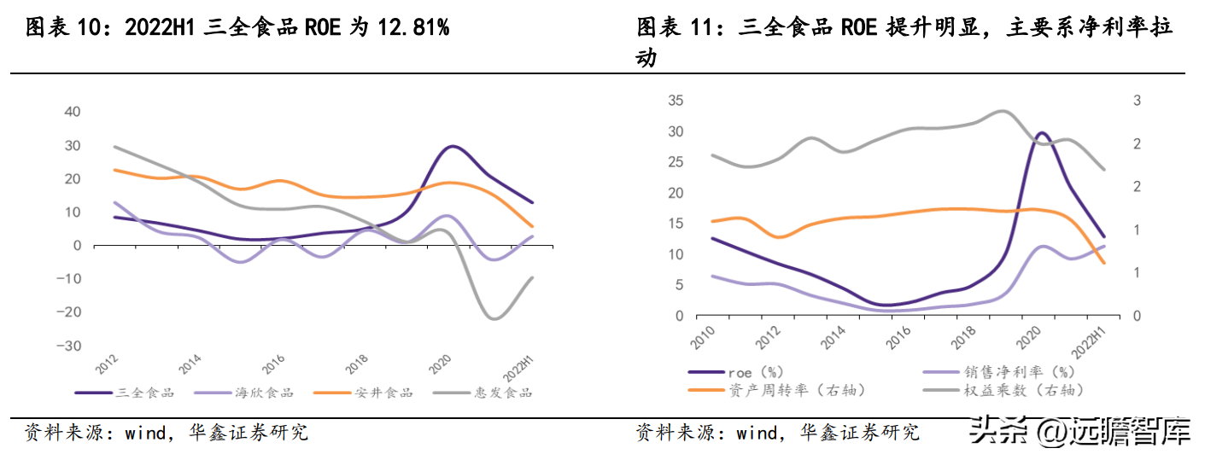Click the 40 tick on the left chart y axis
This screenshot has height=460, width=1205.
click(x=73, y=112)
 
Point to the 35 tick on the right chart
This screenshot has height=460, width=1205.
click(x=675, y=101)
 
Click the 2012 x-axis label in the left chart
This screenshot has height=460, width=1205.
click(x=108, y=365)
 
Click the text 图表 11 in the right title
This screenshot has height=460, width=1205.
click(x=674, y=28)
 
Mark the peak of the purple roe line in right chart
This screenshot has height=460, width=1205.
click(x=1042, y=133)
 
